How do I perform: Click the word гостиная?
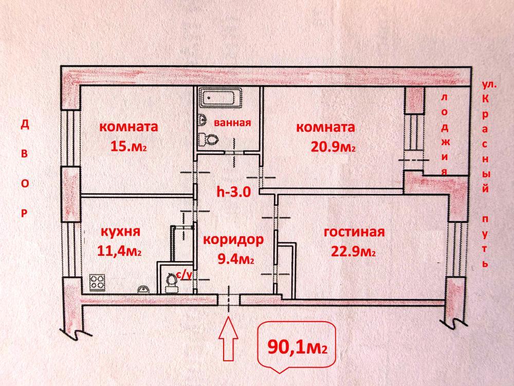coord(354,232)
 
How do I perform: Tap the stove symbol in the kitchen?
coord(98,282)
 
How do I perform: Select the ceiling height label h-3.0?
coord(233,193)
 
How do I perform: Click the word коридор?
coord(233,240)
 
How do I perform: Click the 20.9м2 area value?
coord(333,147)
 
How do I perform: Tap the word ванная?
coord(232,122)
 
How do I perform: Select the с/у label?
coord(183,275)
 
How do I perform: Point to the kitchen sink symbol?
coord(143,288)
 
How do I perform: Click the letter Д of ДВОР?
coord(24,125)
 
